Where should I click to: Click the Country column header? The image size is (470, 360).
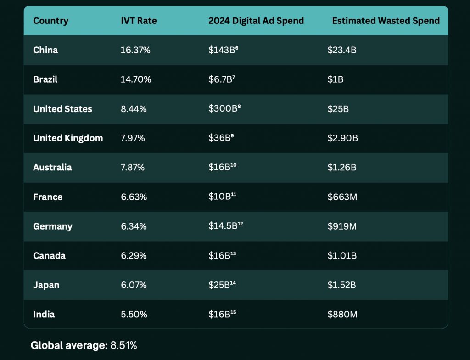pos(50,21)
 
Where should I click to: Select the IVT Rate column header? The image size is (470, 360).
pos(139,21)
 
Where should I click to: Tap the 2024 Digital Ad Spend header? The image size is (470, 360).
pos(256,21)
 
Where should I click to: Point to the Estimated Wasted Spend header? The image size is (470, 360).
pos(386,21)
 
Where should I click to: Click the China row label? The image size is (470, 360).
pos(45,50)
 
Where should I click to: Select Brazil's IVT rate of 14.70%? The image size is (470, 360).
pos(135,79)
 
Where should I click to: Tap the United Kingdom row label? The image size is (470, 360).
pos(68,138)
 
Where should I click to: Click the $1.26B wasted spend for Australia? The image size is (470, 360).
pos(341,168)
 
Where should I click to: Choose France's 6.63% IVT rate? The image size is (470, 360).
pos(134,197)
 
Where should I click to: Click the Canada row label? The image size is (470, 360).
pos(49,256)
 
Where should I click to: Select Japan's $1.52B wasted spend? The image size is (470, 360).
pos(341,285)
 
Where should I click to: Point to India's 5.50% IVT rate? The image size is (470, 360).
pos(134,315)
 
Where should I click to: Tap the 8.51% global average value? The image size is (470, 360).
pos(123,345)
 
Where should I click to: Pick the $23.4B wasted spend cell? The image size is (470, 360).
pos(341,50)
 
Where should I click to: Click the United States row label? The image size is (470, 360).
pos(62,109)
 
